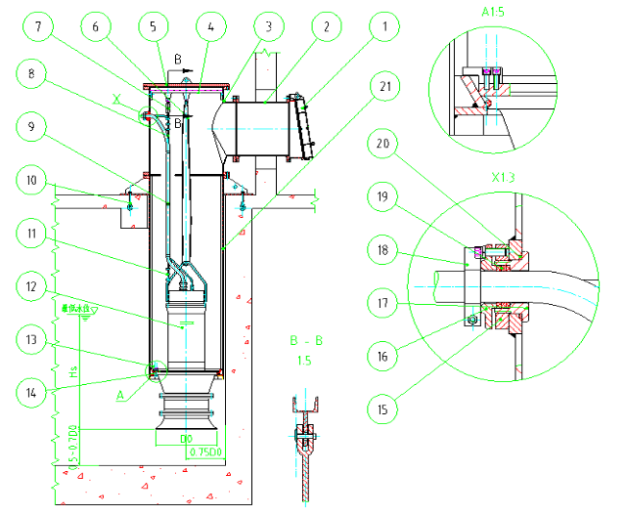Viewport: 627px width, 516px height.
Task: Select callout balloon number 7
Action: click(x=37, y=28)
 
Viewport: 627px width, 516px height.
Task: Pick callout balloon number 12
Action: click(x=37, y=287)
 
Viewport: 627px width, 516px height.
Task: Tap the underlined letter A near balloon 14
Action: click(x=121, y=397)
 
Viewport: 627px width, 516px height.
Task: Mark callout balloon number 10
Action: click(x=37, y=180)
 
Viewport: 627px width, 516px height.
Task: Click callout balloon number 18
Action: click(x=385, y=252)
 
